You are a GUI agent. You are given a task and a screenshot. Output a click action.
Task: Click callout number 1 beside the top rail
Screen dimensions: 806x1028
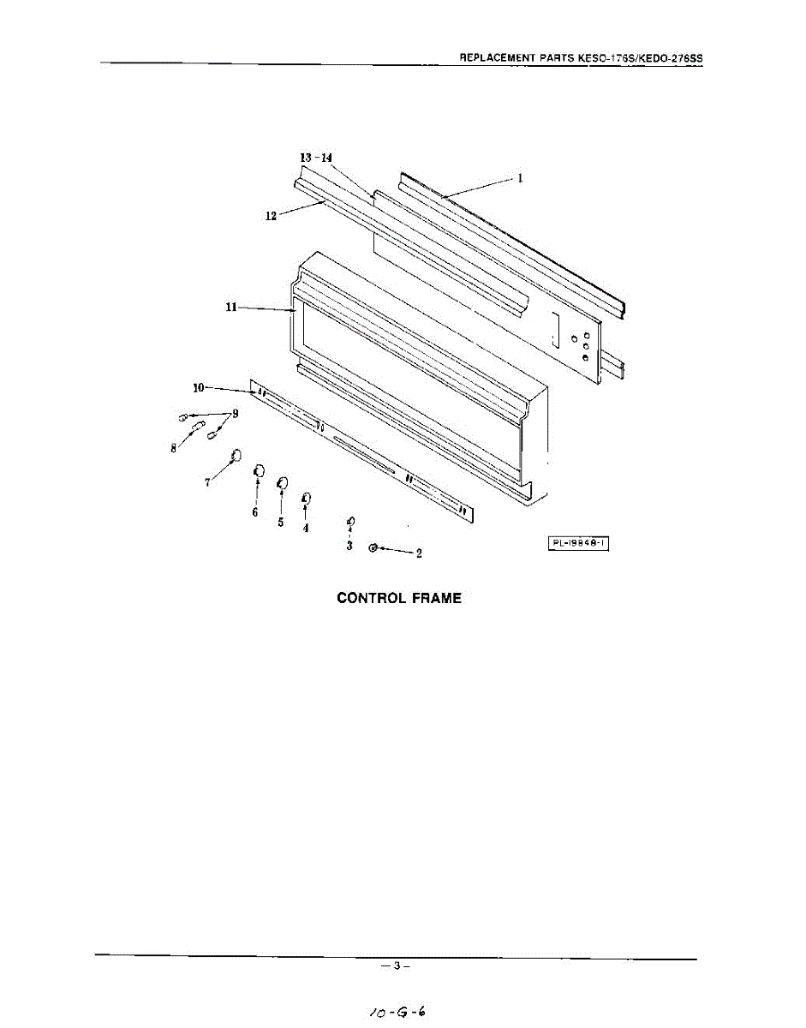pos(519,179)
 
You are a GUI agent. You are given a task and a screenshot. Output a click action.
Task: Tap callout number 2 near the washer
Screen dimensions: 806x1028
pos(418,553)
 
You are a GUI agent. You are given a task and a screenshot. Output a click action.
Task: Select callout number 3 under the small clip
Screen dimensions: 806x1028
pos(349,546)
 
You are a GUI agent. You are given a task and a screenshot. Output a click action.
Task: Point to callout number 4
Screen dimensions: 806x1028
pos(306,528)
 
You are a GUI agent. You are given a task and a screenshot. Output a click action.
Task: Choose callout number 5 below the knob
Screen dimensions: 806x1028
pos(281,523)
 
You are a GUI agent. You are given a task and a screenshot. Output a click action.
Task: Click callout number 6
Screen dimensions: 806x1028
pos(254,512)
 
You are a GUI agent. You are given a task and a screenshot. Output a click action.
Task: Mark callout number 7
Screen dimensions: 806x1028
pos(207,482)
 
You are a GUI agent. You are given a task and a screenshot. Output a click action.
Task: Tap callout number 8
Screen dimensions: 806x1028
pos(173,448)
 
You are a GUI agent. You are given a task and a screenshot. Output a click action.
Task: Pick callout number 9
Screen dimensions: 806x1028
pos(236,413)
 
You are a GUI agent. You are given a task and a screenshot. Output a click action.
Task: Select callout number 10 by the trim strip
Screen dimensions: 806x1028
pos(198,387)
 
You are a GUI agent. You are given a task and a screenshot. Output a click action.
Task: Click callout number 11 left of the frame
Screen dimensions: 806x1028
pos(230,308)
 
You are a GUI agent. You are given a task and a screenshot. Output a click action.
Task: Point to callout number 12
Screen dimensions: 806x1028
pos(271,217)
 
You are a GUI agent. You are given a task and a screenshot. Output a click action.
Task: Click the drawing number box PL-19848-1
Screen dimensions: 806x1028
pos(578,543)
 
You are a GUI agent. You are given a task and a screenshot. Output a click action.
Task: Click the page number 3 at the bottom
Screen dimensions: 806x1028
pos(397,966)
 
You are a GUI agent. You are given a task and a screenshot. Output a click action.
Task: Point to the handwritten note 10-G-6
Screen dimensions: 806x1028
pos(396,1011)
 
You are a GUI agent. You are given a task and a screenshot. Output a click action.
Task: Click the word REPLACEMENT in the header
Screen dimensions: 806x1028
pos(498,58)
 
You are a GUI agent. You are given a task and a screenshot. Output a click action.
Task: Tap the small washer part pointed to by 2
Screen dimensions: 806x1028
pos(373,547)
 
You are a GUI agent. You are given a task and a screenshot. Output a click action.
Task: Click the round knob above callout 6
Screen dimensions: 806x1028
pos(258,471)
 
